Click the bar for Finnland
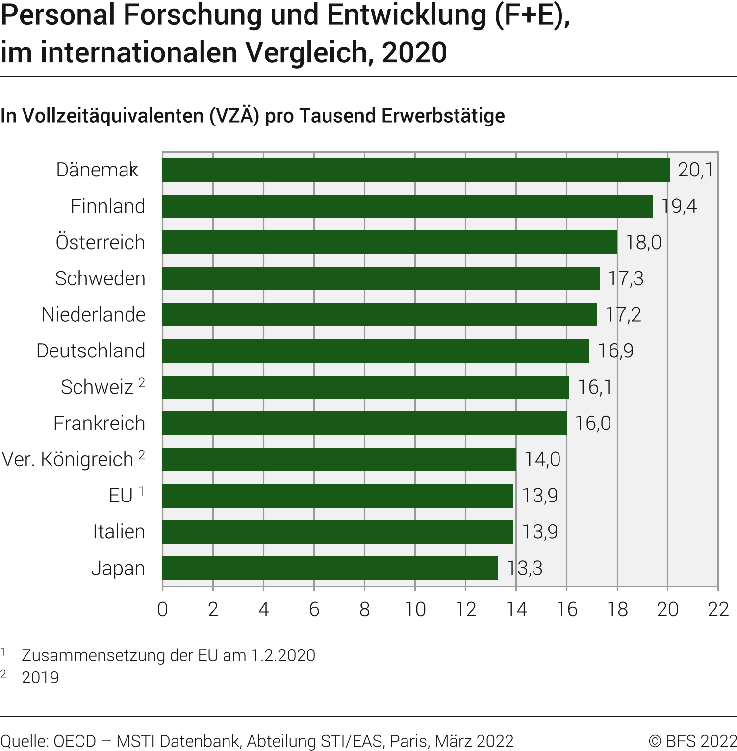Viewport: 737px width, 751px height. [407, 206]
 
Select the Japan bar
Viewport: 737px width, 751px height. [330, 568]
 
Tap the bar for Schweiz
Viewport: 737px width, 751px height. [365, 387]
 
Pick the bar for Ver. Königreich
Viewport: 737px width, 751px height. [339, 459]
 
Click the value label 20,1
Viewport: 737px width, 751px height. [695, 170]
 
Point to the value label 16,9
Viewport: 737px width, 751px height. [615, 351]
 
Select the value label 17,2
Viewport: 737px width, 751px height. [623, 315]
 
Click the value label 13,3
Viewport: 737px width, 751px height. [525, 568]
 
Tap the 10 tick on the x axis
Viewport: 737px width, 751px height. [415, 609]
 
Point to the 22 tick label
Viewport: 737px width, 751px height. [718, 609]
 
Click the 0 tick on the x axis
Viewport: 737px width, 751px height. [163, 609]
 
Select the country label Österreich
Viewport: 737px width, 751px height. [101, 242]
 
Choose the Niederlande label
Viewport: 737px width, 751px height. [94, 315]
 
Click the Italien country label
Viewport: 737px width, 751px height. [119, 532]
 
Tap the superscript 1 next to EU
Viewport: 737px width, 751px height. [142, 491]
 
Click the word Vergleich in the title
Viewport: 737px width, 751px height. [306, 52]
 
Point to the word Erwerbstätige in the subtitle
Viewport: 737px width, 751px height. [443, 116]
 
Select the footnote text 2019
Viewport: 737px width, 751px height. [40, 677]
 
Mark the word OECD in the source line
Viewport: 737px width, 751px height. [75, 741]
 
